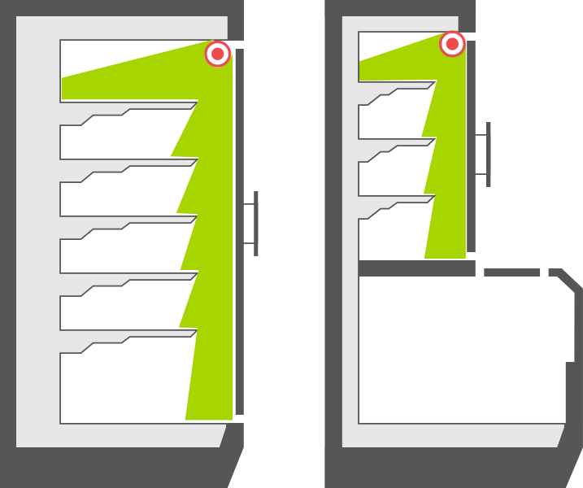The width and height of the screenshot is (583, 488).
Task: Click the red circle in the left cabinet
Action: [x=217, y=54]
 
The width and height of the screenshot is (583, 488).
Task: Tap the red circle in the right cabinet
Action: [x=452, y=43]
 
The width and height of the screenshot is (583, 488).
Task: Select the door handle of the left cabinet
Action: [x=255, y=224]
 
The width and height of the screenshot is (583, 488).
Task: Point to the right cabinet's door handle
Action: [x=488, y=154]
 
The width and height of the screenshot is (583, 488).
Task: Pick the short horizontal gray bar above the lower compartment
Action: [x=511, y=272]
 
